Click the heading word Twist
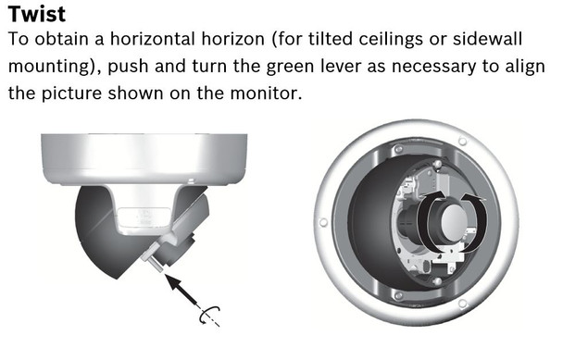(x=36, y=16)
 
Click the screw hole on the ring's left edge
(x=323, y=222)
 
